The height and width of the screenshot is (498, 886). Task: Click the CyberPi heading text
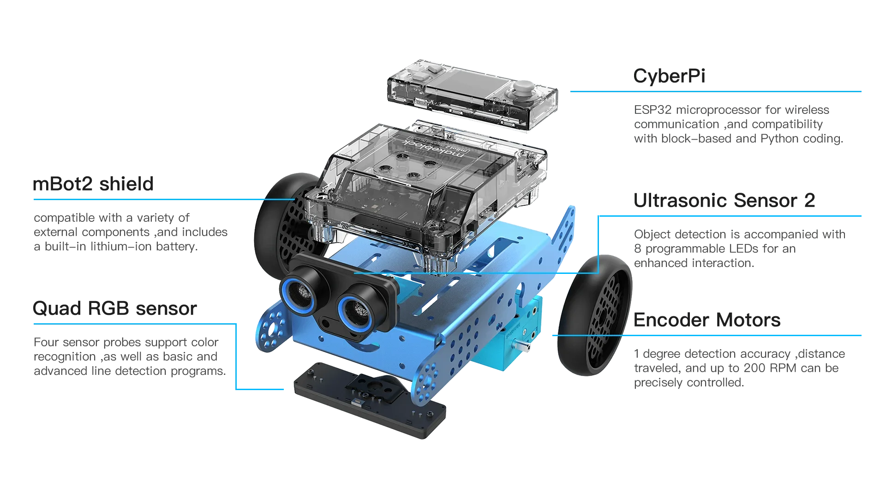pyautogui.click(x=669, y=76)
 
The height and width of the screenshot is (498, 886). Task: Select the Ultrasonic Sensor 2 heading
pyautogui.click(x=723, y=201)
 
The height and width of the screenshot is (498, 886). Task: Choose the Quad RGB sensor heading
pyautogui.click(x=115, y=308)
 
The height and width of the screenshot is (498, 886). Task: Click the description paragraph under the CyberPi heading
pyautogui.click(x=738, y=124)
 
